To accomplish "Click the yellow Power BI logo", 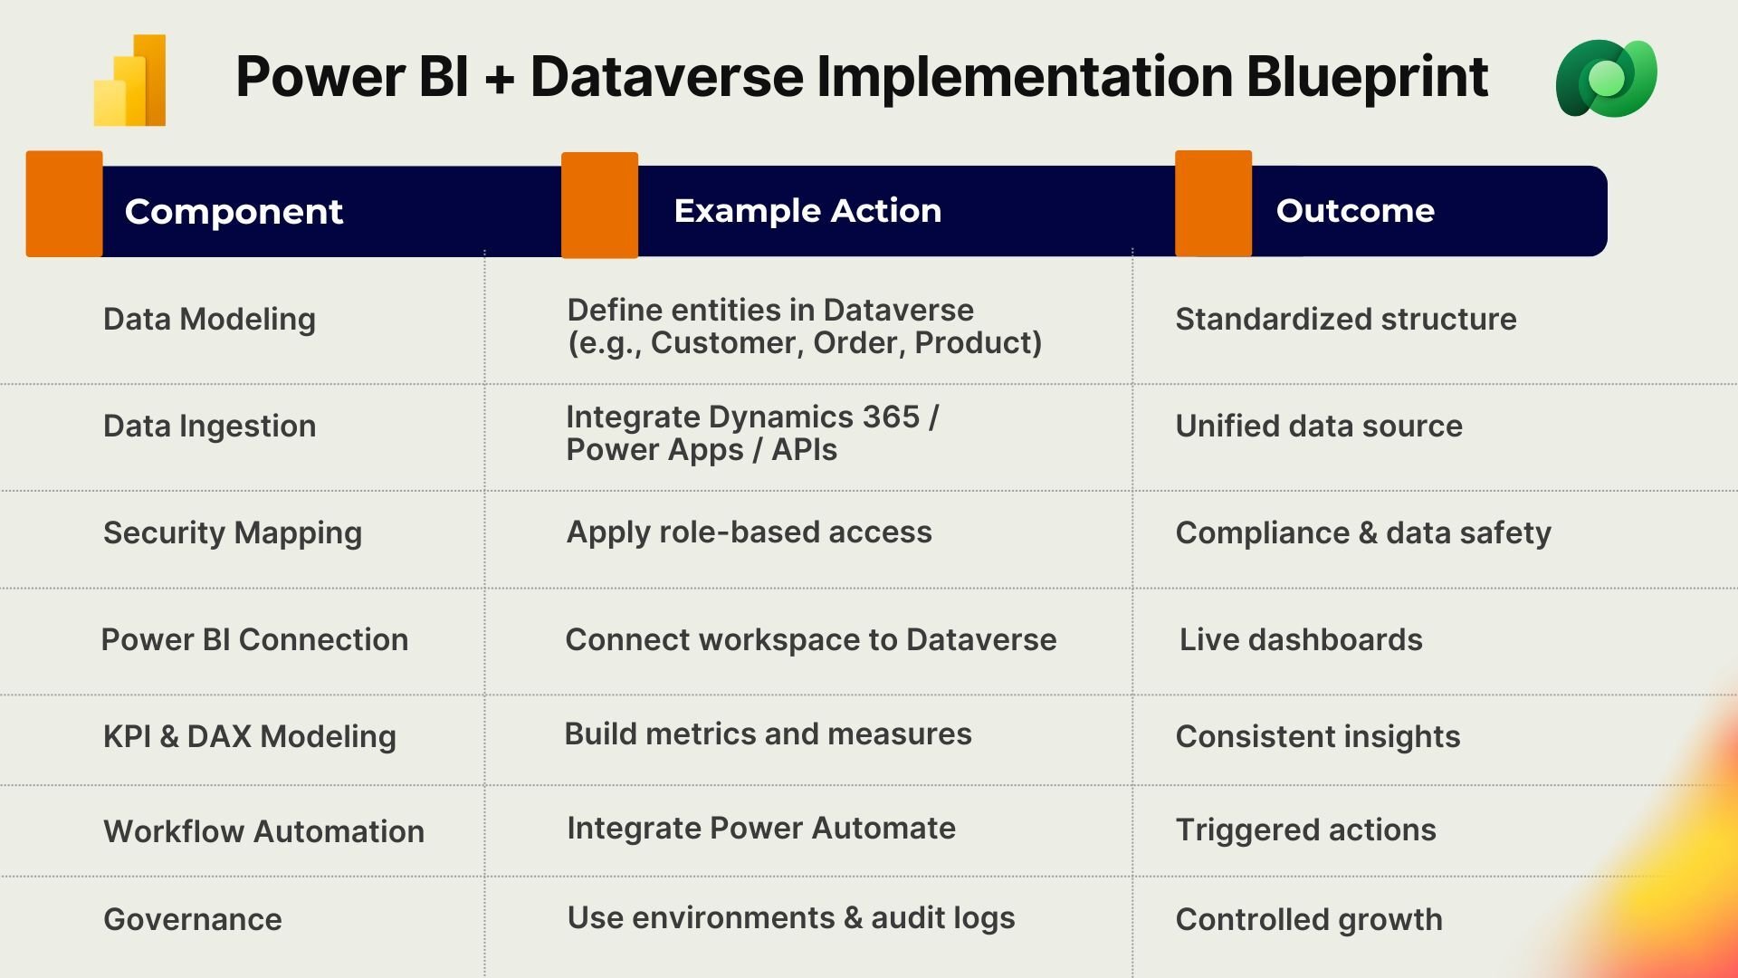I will (130, 80).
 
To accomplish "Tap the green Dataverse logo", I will (1606, 79).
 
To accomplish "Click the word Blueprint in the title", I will (1367, 76).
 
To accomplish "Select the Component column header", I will (234, 211).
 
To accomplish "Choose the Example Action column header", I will (807, 210).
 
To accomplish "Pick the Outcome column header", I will (1354, 210).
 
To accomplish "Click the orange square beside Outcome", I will (1213, 204).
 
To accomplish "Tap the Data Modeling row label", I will (209, 319).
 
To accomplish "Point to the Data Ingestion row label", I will (209, 426).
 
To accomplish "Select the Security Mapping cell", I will (233, 532).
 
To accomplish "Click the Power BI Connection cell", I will (254, 639).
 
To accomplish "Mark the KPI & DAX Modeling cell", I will (250, 736).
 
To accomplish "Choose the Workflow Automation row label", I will (263, 830).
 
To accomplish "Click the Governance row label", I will (192, 919).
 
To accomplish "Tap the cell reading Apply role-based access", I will (749, 532).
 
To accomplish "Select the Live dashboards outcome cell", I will (1300, 639).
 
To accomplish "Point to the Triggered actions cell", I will (1305, 829).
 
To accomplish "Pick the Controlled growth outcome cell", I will (1308, 919).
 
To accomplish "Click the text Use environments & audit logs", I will (790, 917).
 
